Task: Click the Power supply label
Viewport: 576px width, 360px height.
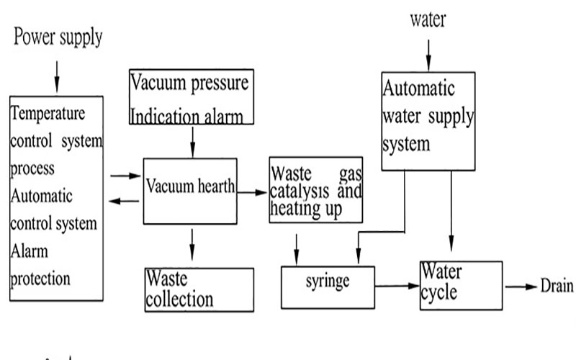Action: click(58, 37)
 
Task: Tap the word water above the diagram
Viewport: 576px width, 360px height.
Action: click(428, 19)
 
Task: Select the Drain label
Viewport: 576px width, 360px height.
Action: click(557, 286)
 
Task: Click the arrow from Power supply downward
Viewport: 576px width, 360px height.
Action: click(57, 77)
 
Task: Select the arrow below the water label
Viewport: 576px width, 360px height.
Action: click(428, 55)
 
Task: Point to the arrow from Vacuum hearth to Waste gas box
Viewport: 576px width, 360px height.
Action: click(252, 192)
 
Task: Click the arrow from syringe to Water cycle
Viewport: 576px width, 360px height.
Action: click(397, 285)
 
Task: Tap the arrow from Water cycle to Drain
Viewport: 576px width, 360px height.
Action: click(521, 287)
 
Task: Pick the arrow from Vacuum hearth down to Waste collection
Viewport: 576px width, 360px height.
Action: click(192, 245)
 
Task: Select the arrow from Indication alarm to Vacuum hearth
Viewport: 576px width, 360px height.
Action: click(192, 142)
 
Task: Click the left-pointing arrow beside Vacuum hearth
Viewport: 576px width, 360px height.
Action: click(124, 201)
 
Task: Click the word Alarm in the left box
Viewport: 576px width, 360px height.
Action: click(29, 251)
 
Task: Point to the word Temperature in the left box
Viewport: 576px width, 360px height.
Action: click(48, 114)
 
